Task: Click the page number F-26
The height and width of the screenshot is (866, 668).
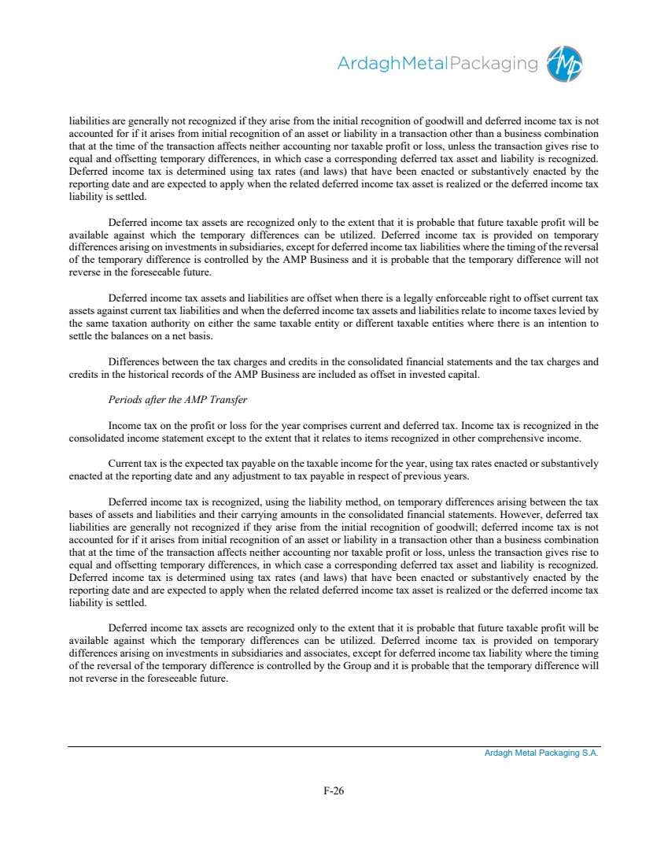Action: pos(334,791)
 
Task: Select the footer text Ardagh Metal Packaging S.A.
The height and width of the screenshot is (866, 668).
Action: pos(541,753)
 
